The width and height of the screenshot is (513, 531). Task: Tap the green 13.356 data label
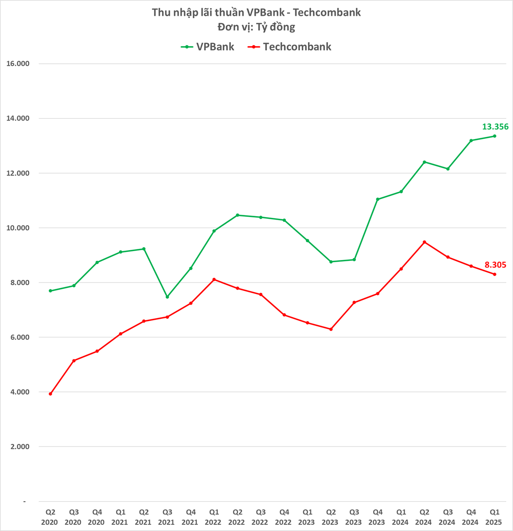[x=495, y=127]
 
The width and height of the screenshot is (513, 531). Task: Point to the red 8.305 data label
[x=495, y=265]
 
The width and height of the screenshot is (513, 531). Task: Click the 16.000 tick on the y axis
[x=18, y=64]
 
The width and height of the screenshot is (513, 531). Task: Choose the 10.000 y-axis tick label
[x=18, y=228]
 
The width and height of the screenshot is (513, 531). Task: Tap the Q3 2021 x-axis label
[x=166, y=517]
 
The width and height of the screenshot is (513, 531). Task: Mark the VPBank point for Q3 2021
[x=167, y=297]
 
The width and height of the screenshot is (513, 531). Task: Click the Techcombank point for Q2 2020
[x=50, y=394]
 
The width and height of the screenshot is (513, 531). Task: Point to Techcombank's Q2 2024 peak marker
[x=424, y=242]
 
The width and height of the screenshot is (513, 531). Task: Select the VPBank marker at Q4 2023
[x=378, y=199]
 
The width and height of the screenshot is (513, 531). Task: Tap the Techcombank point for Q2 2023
[x=331, y=329]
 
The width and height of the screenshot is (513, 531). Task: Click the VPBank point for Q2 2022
[x=238, y=215]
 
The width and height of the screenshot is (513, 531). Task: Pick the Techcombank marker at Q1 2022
[x=214, y=279]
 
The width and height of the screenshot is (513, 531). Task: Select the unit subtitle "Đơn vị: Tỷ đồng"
[x=256, y=27]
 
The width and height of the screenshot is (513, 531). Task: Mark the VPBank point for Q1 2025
[x=494, y=136]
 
